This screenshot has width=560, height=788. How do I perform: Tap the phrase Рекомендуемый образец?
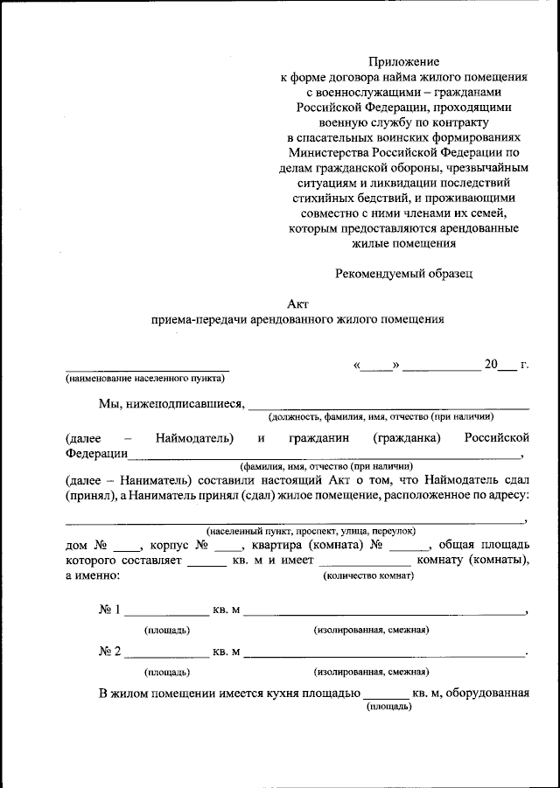point(403,273)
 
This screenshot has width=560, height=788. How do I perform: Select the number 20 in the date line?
point(490,365)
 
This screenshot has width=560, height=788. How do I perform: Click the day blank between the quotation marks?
point(375,366)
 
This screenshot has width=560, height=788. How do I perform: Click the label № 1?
point(109,610)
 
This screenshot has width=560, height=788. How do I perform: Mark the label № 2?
point(109,652)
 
